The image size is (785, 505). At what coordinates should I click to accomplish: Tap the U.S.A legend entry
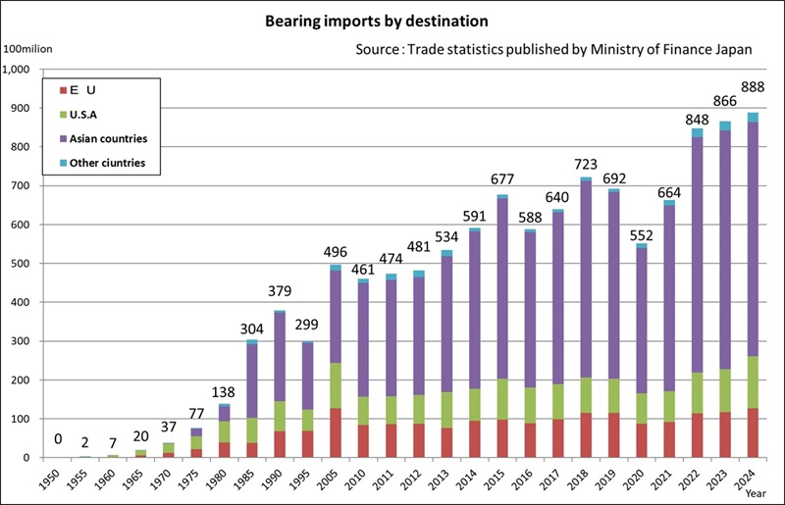[97, 113]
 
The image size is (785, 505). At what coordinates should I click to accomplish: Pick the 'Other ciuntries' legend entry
[111, 162]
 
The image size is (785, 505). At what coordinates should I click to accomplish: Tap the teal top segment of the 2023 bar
[724, 126]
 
